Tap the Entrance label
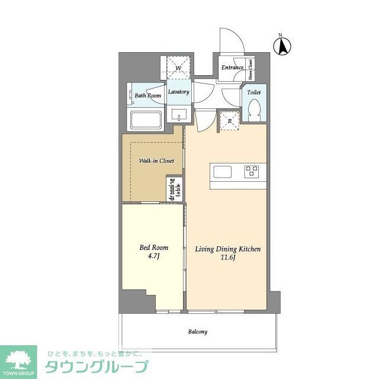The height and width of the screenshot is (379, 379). click(x=232, y=68)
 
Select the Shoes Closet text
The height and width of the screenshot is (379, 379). click(x=252, y=69)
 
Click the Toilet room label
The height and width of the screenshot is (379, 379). click(x=253, y=93)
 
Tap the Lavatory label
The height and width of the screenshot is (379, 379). click(x=178, y=92)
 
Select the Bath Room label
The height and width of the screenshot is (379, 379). click(x=147, y=95)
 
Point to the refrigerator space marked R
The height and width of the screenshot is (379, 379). click(x=230, y=121)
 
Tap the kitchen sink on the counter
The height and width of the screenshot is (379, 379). click(x=224, y=172)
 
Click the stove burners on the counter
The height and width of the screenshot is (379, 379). click(x=252, y=172)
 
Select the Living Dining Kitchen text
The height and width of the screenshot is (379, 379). click(x=228, y=249)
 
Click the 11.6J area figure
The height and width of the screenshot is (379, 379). click(x=228, y=259)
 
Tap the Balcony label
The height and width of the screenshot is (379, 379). click(x=198, y=332)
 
